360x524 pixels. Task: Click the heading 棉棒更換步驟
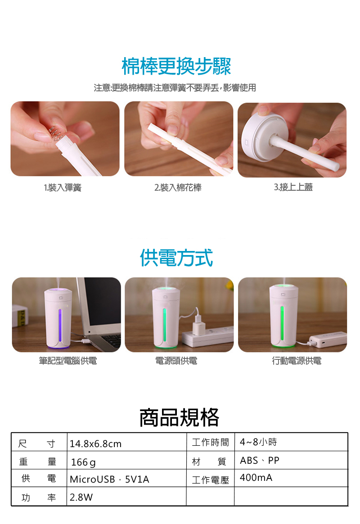pyautogui.click(x=176, y=66)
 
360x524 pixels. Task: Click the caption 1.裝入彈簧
pyautogui.click(x=63, y=188)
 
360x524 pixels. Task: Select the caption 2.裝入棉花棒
pyautogui.click(x=178, y=188)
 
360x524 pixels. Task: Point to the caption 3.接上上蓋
pyautogui.click(x=293, y=187)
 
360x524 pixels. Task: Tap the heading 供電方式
pyautogui.click(x=176, y=258)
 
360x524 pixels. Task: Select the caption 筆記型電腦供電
pyautogui.click(x=68, y=361)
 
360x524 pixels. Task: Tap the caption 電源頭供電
pyautogui.click(x=176, y=361)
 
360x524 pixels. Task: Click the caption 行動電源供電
pyautogui.click(x=297, y=361)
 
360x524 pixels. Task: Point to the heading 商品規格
pyautogui.click(x=179, y=417)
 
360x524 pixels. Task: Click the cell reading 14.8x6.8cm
pyautogui.click(x=95, y=444)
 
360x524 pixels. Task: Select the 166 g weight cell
pyautogui.click(x=83, y=462)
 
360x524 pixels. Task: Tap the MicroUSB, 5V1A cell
pyautogui.click(x=109, y=479)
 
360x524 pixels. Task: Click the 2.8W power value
pyautogui.click(x=81, y=497)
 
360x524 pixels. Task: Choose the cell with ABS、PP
pyautogui.click(x=259, y=461)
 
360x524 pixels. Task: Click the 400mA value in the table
pyautogui.click(x=256, y=478)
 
